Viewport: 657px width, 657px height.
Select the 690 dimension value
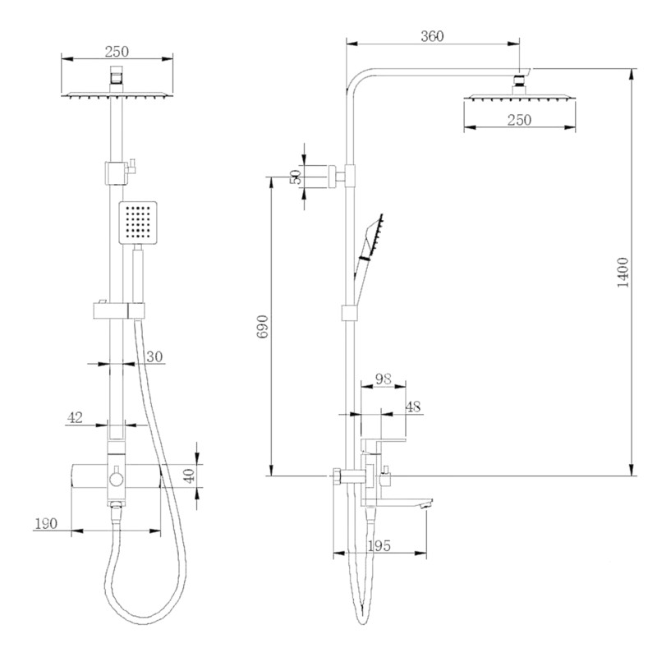pos(261,328)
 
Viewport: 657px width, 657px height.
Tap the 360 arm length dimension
pos(432,36)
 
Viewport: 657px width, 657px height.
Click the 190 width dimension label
pos(48,523)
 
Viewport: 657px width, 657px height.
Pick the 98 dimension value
pos(384,379)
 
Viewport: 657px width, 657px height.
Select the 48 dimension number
pos(413,406)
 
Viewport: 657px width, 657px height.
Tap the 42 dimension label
pos(76,417)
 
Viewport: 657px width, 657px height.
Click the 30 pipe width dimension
pos(155,357)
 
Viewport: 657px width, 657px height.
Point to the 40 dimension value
pos(189,476)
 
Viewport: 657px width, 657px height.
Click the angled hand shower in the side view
pos(372,239)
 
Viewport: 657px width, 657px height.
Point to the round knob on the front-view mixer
pos(116,476)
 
